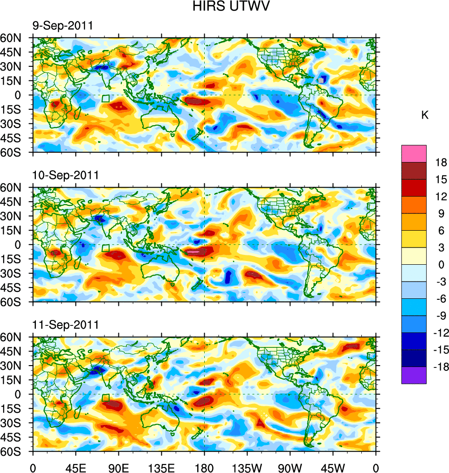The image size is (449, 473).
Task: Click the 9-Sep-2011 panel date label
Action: click(x=62, y=26)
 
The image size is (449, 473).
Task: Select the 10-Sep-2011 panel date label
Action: click(x=65, y=175)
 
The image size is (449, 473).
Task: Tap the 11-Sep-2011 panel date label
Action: click(x=65, y=325)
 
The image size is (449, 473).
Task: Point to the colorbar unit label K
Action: click(x=425, y=115)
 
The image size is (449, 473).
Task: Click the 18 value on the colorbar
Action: click(x=441, y=162)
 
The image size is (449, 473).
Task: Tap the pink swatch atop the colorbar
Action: click(x=414, y=153)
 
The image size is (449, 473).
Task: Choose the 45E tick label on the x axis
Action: click(x=76, y=467)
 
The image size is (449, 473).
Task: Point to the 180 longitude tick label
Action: click(x=204, y=467)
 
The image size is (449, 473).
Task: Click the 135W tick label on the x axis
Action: click(x=247, y=467)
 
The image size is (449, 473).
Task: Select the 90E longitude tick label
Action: click(x=118, y=467)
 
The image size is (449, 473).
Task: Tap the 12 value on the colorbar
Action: click(x=441, y=197)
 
